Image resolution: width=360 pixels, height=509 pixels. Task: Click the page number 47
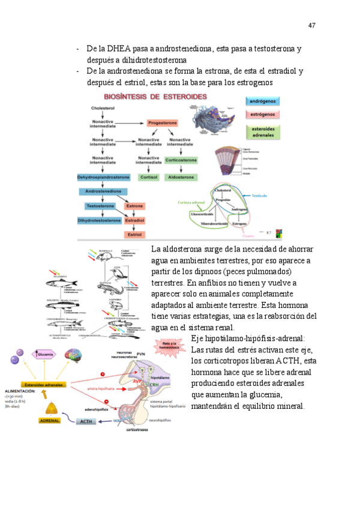(311, 25)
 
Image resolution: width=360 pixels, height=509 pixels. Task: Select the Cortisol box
(148, 177)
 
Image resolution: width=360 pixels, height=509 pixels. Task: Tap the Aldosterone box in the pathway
(181, 177)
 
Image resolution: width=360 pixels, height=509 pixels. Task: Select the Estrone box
(134, 206)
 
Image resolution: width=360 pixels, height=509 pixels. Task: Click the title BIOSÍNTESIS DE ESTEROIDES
(155, 96)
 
